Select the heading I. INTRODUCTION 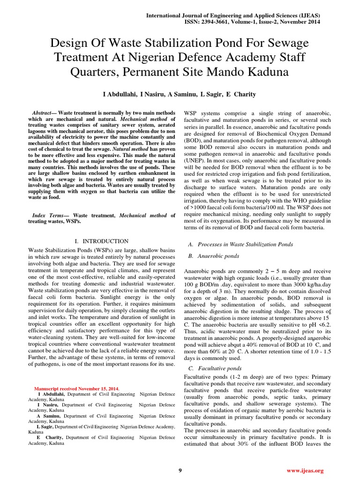click(102, 241)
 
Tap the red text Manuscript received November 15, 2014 click(77, 389)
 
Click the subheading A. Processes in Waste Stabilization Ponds click(240, 244)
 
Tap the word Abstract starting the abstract click(41, 114)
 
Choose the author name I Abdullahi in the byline click(120, 94)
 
